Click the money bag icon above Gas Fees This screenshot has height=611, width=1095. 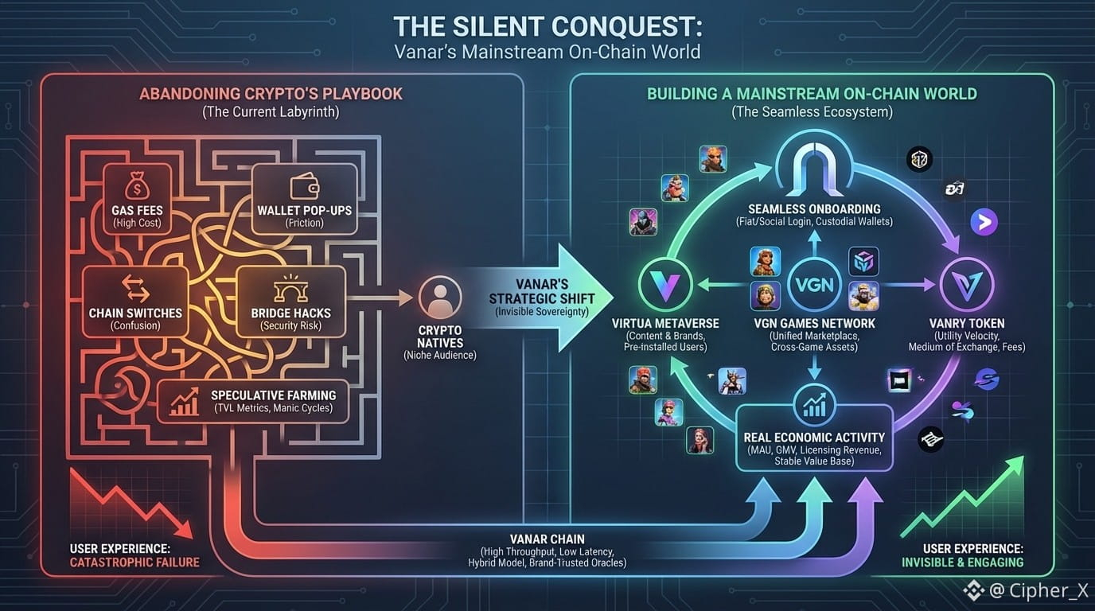click(x=136, y=189)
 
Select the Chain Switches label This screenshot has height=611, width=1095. click(x=135, y=313)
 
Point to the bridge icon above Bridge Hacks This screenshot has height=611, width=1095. click(x=290, y=289)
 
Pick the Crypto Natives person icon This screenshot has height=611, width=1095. click(x=439, y=298)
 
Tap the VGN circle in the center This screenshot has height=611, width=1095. click(x=814, y=285)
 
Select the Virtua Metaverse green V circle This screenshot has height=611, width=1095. click(x=664, y=285)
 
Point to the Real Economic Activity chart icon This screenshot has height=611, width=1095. click(x=814, y=406)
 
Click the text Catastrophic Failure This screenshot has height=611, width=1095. click(x=134, y=563)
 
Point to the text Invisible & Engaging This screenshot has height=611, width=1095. click(x=962, y=563)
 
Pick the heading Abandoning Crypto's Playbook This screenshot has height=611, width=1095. click(x=271, y=94)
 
